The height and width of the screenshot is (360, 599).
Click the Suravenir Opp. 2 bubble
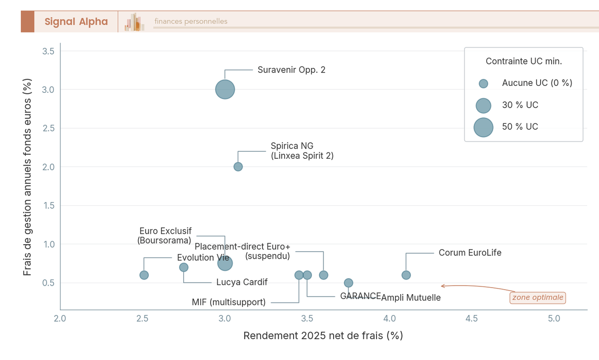point(225,89)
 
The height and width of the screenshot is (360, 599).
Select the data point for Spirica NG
point(238,167)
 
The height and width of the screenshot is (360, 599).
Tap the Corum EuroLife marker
point(406,275)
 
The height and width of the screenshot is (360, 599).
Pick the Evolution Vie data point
point(144,275)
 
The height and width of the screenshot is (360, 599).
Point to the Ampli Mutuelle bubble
point(348,283)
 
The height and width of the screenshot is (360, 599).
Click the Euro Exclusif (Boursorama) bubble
point(225,263)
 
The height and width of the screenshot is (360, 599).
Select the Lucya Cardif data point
point(184,267)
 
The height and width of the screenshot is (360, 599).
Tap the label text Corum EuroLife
point(470,253)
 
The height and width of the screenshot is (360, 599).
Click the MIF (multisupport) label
point(229,302)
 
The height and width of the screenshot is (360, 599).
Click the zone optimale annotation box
point(538,298)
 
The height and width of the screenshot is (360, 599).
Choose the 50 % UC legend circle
point(483,127)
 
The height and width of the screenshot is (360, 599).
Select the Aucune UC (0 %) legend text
point(537,83)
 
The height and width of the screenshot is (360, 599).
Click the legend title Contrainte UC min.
point(524,61)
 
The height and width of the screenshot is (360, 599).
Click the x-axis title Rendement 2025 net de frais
point(323,336)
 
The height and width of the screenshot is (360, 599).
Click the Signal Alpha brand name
point(76,21)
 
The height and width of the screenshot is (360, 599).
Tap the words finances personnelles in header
point(191,21)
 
